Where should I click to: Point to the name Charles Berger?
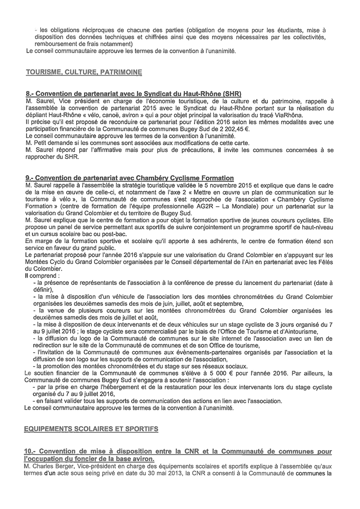click(54, 465)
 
